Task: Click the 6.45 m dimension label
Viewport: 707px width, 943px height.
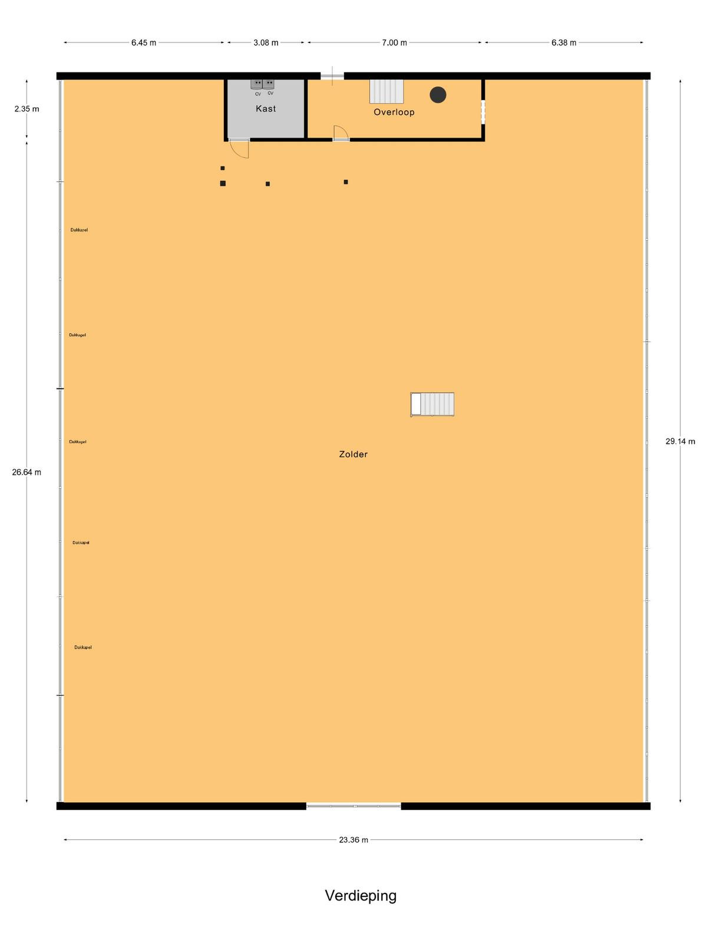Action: tap(143, 42)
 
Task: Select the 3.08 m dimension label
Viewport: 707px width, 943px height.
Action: tap(266, 42)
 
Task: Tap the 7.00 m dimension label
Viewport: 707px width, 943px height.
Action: tap(395, 42)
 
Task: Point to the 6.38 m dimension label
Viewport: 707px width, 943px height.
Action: tap(564, 42)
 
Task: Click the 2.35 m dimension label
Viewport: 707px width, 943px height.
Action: tap(27, 108)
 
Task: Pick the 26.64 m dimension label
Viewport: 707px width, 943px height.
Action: tap(27, 472)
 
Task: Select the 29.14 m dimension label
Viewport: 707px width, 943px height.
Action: tap(680, 441)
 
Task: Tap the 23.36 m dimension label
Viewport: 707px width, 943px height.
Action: tap(353, 839)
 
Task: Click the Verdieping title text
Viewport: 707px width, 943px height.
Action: tap(361, 896)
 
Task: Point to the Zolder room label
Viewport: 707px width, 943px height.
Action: tap(353, 454)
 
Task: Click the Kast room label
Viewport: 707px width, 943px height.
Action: tap(266, 108)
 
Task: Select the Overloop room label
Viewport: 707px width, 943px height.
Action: tap(394, 112)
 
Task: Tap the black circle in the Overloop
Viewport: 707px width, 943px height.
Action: tap(438, 94)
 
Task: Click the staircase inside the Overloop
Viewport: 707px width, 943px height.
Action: tap(386, 91)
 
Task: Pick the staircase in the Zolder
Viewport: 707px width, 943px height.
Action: tap(432, 404)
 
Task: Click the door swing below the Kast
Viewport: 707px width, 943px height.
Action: tap(239, 149)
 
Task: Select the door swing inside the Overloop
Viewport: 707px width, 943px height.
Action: tap(341, 133)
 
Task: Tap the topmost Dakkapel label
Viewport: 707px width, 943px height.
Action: tap(79, 230)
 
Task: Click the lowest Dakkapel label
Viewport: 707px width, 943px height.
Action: tap(83, 647)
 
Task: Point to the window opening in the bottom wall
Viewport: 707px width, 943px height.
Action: tap(353, 806)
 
